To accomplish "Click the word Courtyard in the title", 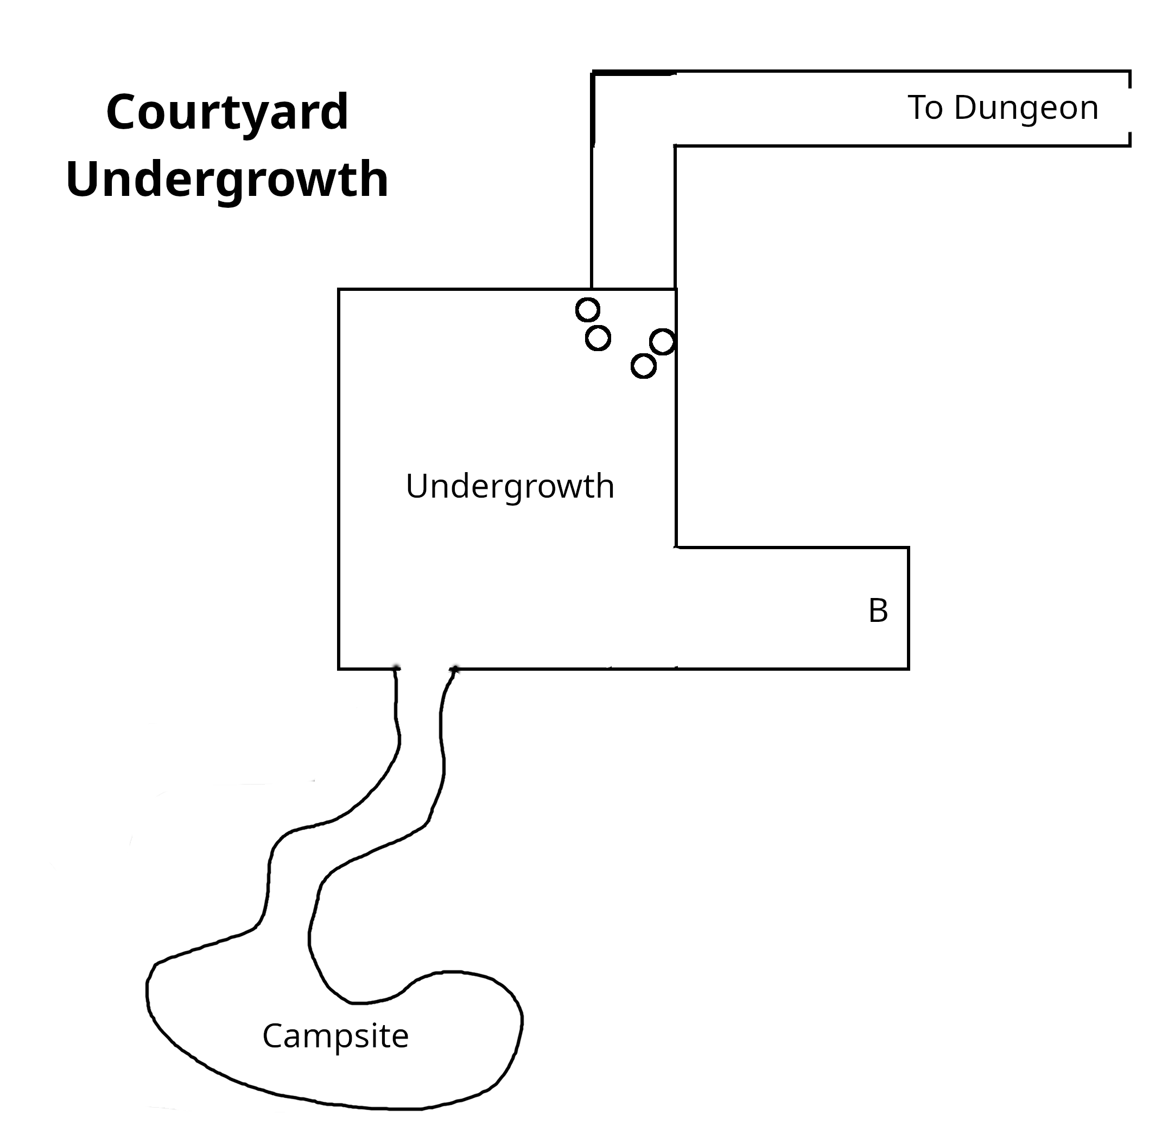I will (227, 112).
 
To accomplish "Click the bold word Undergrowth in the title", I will (227, 179).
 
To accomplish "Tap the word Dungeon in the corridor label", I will (1025, 108).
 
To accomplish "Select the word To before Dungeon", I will (925, 108).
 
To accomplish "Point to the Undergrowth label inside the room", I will (510, 486).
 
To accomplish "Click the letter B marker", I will (878, 611).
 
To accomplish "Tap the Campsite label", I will (335, 1035).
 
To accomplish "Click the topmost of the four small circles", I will (588, 310).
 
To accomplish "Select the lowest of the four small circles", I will (643, 366).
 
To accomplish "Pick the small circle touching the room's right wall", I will (662, 341).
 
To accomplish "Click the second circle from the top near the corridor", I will (598, 338).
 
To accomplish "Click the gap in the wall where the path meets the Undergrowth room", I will (424, 668).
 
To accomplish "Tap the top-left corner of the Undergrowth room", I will (339, 290).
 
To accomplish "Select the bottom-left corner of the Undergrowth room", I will (339, 667).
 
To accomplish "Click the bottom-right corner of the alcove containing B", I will (907, 667).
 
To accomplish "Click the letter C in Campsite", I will (271, 1035).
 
